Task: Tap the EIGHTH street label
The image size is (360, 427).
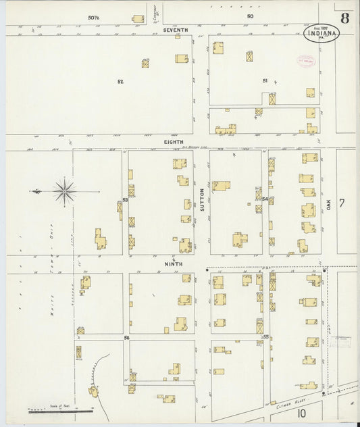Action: coord(174,143)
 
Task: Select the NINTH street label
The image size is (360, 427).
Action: coord(174,263)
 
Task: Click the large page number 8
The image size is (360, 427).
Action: coord(345,18)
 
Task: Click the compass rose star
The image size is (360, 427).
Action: coord(64,191)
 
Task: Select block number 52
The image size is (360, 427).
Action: coord(120,82)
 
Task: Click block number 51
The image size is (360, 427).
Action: coord(265,81)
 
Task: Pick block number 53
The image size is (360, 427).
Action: coord(125,200)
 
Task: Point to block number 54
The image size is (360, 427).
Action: coord(265,199)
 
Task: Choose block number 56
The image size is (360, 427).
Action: coord(126,336)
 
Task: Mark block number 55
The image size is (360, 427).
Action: coord(265,336)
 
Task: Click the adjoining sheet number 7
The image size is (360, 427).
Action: coord(342,203)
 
